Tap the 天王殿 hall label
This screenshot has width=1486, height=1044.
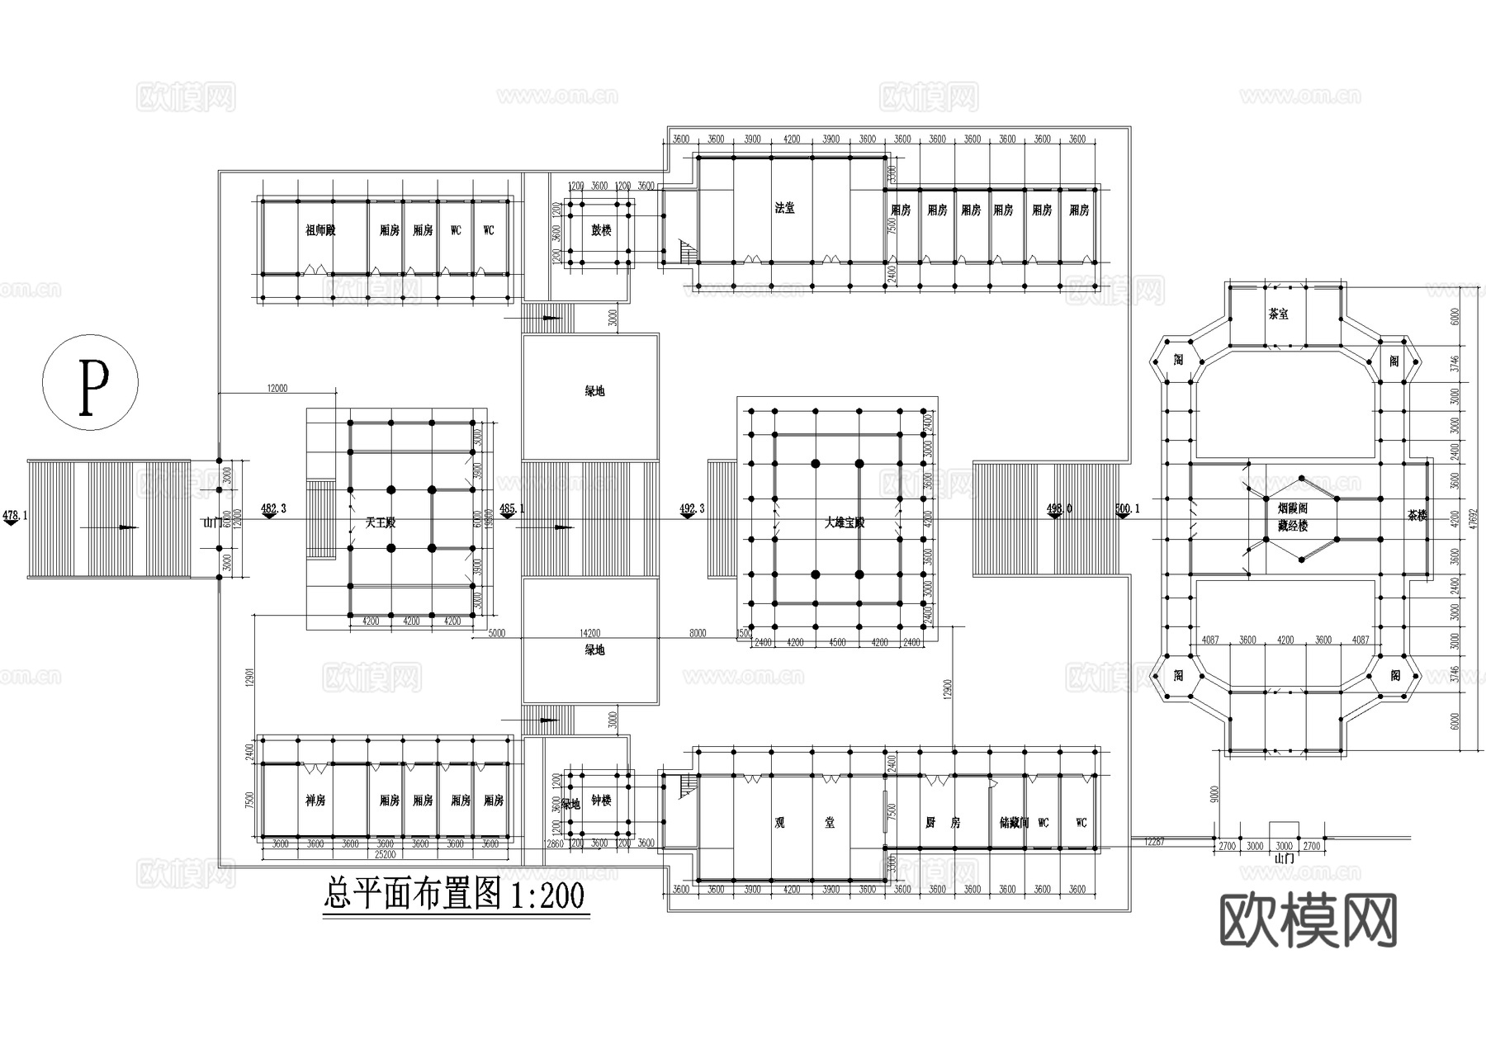pos(381,522)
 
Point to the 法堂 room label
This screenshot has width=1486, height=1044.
pos(784,208)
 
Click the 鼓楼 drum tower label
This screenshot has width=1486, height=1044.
pos(601,230)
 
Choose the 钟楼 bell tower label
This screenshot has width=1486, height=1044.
pos(601,801)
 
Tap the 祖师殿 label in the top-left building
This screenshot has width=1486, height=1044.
pos(320,230)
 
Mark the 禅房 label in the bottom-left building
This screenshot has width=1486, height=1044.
pos(315,801)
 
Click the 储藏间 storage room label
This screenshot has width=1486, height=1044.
pos(1014,822)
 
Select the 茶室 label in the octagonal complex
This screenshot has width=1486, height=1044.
pos(1278,314)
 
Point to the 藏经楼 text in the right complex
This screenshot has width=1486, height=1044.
pos(1292,525)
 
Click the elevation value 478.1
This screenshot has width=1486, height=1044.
pos(15,515)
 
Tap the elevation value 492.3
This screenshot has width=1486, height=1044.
pos(691,508)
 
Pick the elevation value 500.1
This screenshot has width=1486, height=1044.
pos(1127,508)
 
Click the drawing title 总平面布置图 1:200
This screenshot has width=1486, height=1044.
pos(453,895)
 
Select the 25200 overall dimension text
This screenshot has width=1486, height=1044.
pos(385,854)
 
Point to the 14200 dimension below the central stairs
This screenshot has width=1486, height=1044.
pos(589,633)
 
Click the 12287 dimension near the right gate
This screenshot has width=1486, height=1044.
pos(1155,842)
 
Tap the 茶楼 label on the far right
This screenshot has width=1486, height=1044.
pos(1417,516)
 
